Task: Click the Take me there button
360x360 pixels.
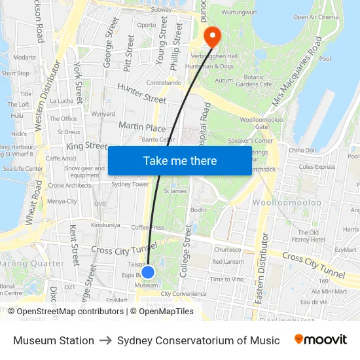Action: (x=180, y=161)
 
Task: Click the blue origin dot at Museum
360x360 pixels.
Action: (x=148, y=272)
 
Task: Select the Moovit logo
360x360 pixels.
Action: (x=321, y=340)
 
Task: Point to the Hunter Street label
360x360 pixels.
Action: (x=142, y=93)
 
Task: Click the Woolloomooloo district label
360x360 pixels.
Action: (x=297, y=203)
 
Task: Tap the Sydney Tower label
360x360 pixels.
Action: (x=130, y=185)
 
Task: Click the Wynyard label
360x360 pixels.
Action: (x=103, y=113)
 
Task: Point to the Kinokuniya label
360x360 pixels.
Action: (x=105, y=225)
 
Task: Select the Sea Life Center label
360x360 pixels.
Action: (x=23, y=168)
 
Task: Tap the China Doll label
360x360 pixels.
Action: (x=302, y=150)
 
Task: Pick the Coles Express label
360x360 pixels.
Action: (x=317, y=166)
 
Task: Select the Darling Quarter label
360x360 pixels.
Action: (x=31, y=264)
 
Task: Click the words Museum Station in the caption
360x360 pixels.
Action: (x=54, y=340)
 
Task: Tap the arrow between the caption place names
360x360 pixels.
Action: (x=105, y=340)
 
